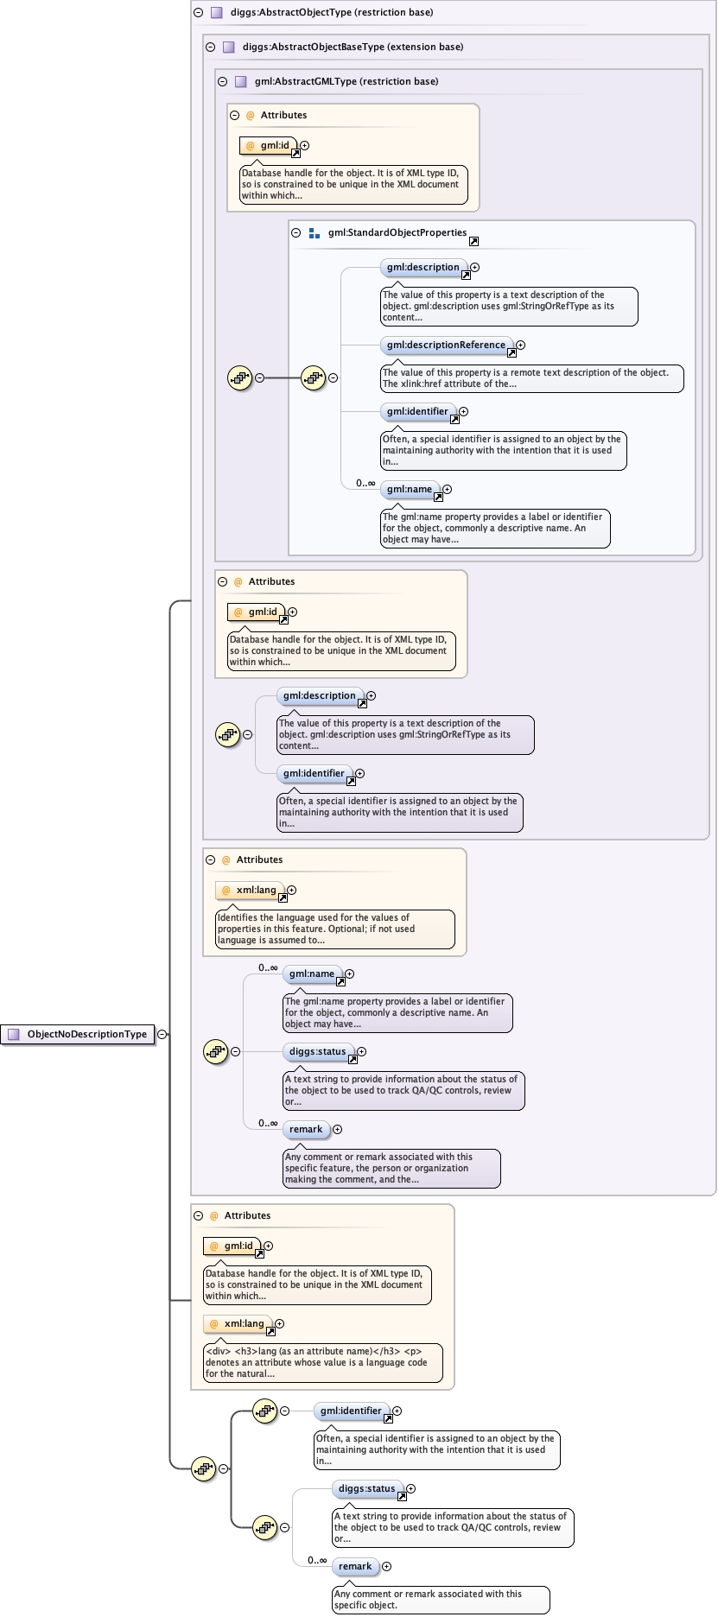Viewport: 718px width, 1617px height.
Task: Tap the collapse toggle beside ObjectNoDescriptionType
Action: [162, 1034]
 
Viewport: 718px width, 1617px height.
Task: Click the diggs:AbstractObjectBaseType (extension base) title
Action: [353, 48]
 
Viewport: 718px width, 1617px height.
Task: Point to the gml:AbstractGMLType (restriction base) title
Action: [346, 82]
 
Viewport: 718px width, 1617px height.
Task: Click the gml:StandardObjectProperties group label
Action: [397, 233]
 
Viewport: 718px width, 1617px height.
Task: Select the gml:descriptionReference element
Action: [446, 346]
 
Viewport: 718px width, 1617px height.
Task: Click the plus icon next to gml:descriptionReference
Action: [520, 346]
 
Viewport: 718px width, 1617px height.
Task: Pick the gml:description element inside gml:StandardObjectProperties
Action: [423, 268]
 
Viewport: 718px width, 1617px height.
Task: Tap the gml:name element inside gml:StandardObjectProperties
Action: [410, 490]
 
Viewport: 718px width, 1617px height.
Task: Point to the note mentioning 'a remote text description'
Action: [531, 378]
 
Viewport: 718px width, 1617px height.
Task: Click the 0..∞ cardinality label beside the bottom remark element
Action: [317, 1561]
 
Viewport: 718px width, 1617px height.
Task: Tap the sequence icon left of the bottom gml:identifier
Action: [265, 1411]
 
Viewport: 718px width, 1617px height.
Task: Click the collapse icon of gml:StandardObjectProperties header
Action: [296, 233]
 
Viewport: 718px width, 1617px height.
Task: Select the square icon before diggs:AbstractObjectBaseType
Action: [229, 48]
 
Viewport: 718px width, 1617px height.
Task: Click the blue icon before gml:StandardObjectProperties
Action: [315, 233]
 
